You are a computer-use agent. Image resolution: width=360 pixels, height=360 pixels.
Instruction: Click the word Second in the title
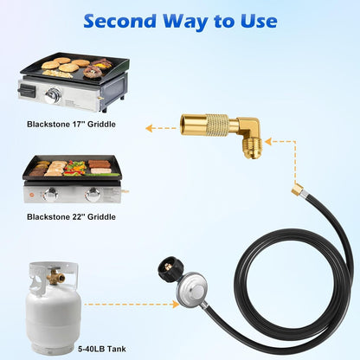120,22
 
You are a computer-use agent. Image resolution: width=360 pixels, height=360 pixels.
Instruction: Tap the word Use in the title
259,22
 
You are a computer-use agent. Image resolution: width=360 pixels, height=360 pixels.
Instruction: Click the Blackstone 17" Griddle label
71,125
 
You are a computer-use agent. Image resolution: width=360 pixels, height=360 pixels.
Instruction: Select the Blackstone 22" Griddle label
71,217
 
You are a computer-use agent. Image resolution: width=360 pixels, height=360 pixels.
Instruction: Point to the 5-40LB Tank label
102,349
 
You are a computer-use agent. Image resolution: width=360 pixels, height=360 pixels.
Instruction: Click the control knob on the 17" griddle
53,95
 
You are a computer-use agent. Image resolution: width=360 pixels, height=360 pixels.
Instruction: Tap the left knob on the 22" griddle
51,195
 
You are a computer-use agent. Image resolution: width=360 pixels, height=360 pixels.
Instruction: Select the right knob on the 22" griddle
93,195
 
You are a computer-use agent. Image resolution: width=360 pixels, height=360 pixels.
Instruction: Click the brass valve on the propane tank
55,277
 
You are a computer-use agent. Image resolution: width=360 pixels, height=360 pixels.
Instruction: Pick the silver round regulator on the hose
192,289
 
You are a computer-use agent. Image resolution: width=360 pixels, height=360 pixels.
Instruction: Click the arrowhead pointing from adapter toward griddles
149,128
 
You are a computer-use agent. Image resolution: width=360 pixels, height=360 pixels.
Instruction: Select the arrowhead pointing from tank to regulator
176,304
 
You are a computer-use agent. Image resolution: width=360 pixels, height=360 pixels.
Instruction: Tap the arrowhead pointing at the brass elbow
268,142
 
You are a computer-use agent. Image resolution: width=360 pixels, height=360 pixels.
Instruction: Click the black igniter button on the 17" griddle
27,91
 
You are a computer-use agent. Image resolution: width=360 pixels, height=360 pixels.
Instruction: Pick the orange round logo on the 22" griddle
32,195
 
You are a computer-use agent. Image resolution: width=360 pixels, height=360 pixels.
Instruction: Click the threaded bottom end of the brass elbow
253,149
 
